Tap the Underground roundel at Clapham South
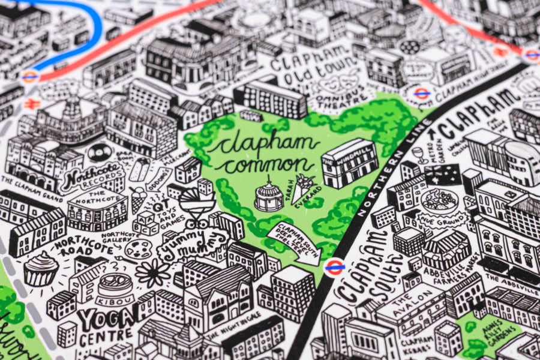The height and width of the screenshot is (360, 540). tap(334, 267)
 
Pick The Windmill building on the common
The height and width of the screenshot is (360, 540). tap(350, 163)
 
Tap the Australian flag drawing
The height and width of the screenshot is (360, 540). tap(443, 173)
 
